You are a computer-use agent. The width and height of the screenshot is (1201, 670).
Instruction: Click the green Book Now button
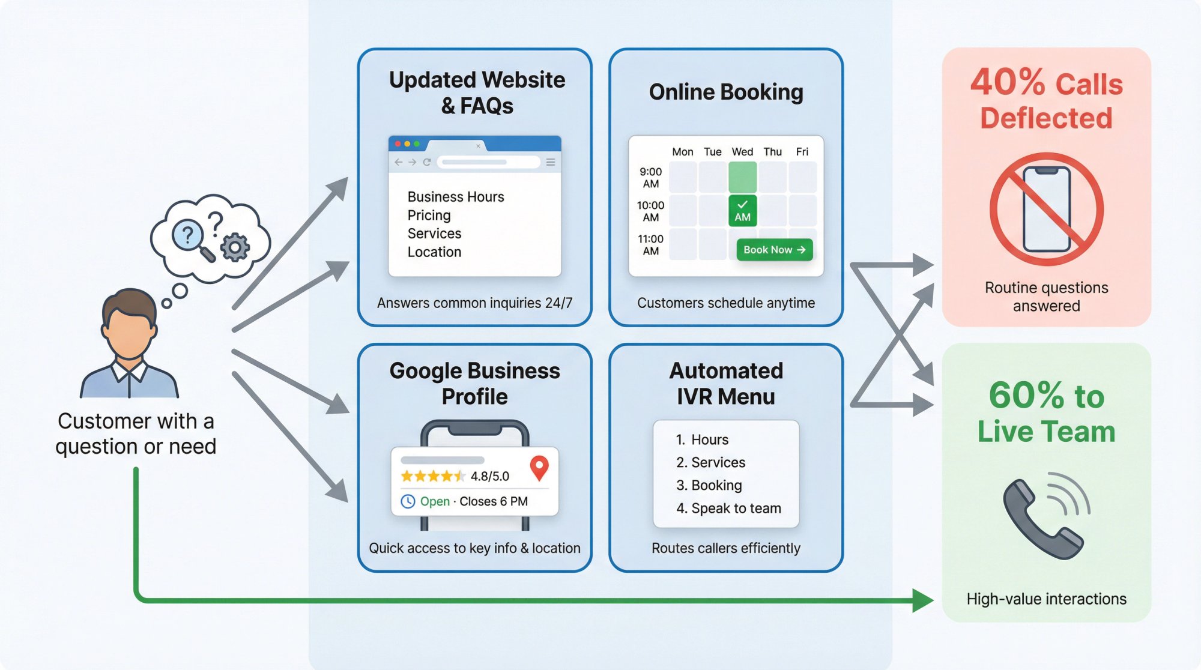pos(774,250)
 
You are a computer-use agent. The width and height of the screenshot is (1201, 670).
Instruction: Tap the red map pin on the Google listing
pos(539,467)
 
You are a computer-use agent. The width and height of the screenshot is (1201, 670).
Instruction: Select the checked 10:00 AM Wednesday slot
pos(742,211)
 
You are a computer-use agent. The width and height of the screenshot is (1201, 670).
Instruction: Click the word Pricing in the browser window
pos(429,215)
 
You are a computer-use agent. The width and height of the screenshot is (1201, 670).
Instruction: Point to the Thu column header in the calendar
pos(772,152)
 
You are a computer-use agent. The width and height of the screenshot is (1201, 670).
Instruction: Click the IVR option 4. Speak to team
pos(728,508)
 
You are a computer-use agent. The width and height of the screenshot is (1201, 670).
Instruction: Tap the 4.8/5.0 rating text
pos(489,476)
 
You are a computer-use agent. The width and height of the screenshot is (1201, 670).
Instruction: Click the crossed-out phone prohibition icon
pos(1046,209)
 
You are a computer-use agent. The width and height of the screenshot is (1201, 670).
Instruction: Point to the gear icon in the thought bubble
pos(235,247)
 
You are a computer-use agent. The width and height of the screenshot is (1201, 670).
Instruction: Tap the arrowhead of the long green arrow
pos(922,600)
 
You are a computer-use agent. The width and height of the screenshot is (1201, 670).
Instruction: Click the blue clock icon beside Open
pos(408,501)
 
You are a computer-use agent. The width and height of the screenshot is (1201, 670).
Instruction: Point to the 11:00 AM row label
pos(650,245)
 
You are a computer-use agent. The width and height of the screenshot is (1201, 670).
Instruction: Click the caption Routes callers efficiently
pos(725,548)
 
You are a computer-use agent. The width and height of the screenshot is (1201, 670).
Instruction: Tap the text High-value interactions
pos(1046,599)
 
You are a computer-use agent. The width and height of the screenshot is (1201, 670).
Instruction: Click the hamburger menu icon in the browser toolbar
pos(550,162)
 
